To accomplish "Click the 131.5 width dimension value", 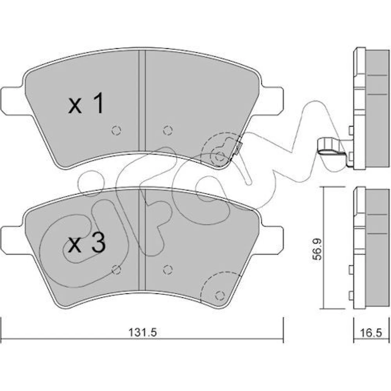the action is [x=143, y=332].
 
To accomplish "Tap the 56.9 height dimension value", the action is [x=317, y=249].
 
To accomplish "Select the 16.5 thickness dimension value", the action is [x=371, y=333].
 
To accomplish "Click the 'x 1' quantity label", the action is [x=86, y=103].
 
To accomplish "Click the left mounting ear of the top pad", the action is [x=13, y=101].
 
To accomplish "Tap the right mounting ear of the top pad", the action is [x=272, y=101].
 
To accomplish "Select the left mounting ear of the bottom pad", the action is [x=13, y=240].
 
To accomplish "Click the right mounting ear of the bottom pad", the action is [x=272, y=240].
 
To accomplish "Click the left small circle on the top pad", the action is [x=116, y=130].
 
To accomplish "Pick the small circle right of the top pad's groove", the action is [x=168, y=130].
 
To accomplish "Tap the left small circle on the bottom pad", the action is [x=116, y=269].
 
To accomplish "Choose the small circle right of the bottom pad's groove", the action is [x=168, y=269].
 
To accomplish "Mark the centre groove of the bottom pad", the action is [x=142, y=240].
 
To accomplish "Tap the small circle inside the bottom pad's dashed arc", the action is [x=219, y=296].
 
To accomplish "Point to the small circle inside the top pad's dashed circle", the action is [x=219, y=157].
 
